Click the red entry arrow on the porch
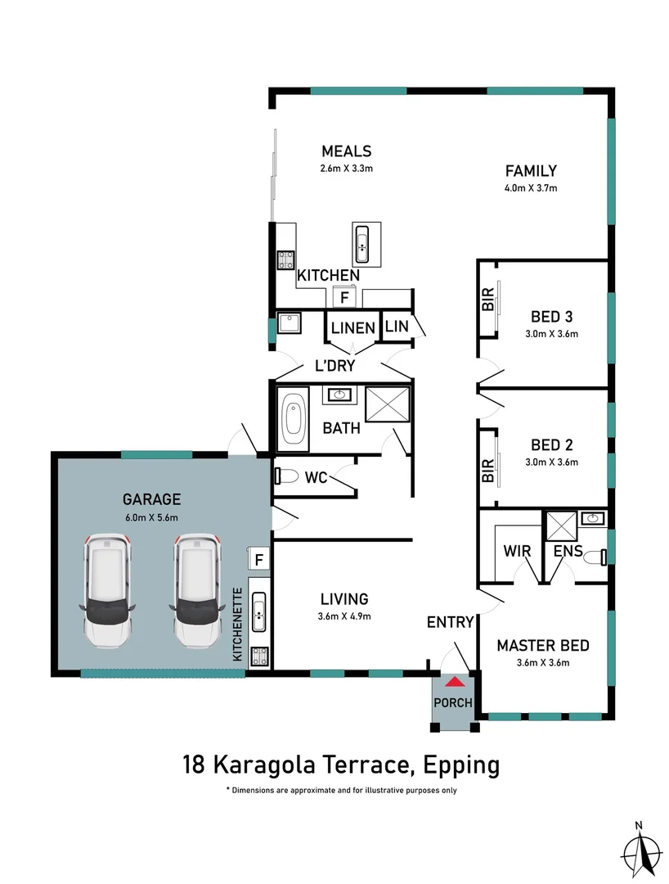click(x=453, y=680)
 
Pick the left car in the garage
click(x=107, y=590)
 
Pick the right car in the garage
click(x=197, y=590)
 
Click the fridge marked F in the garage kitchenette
click(x=259, y=560)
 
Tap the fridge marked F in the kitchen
click(x=344, y=297)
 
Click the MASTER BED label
click(x=542, y=646)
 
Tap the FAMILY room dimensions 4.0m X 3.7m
click(x=530, y=187)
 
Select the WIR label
click(x=519, y=552)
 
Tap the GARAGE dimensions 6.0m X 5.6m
click(x=150, y=516)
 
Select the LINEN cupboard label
click(x=352, y=328)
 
